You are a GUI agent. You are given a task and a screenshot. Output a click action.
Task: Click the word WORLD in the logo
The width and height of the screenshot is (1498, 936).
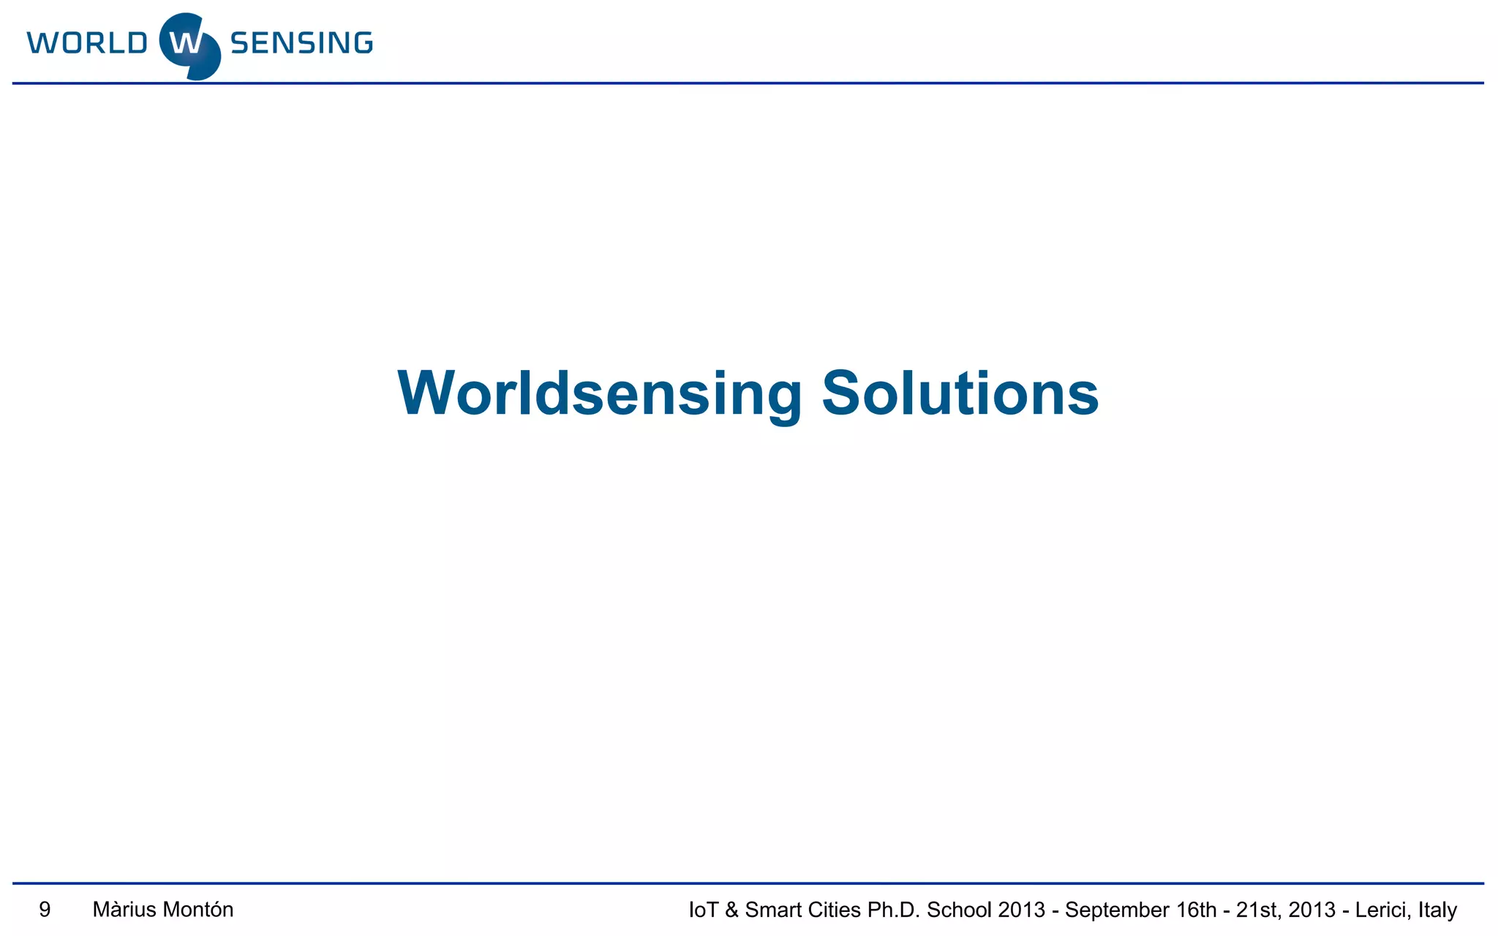[87, 43]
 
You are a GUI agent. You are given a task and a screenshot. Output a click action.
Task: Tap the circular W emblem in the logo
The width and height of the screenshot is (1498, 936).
[189, 45]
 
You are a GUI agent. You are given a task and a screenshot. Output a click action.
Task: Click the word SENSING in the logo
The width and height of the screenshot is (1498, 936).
[301, 43]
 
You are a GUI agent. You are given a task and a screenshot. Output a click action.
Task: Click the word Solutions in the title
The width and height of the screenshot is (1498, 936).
[960, 394]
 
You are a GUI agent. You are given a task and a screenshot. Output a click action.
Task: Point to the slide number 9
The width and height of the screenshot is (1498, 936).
[45, 910]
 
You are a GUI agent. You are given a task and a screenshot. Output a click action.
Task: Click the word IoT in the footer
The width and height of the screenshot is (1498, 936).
[703, 910]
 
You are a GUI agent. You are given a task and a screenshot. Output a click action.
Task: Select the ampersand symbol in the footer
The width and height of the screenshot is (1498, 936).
[731, 910]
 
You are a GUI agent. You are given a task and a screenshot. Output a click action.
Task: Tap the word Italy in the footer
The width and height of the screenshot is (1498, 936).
[1438, 910]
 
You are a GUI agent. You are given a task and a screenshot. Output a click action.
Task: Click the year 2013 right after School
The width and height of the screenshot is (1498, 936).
[1022, 910]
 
